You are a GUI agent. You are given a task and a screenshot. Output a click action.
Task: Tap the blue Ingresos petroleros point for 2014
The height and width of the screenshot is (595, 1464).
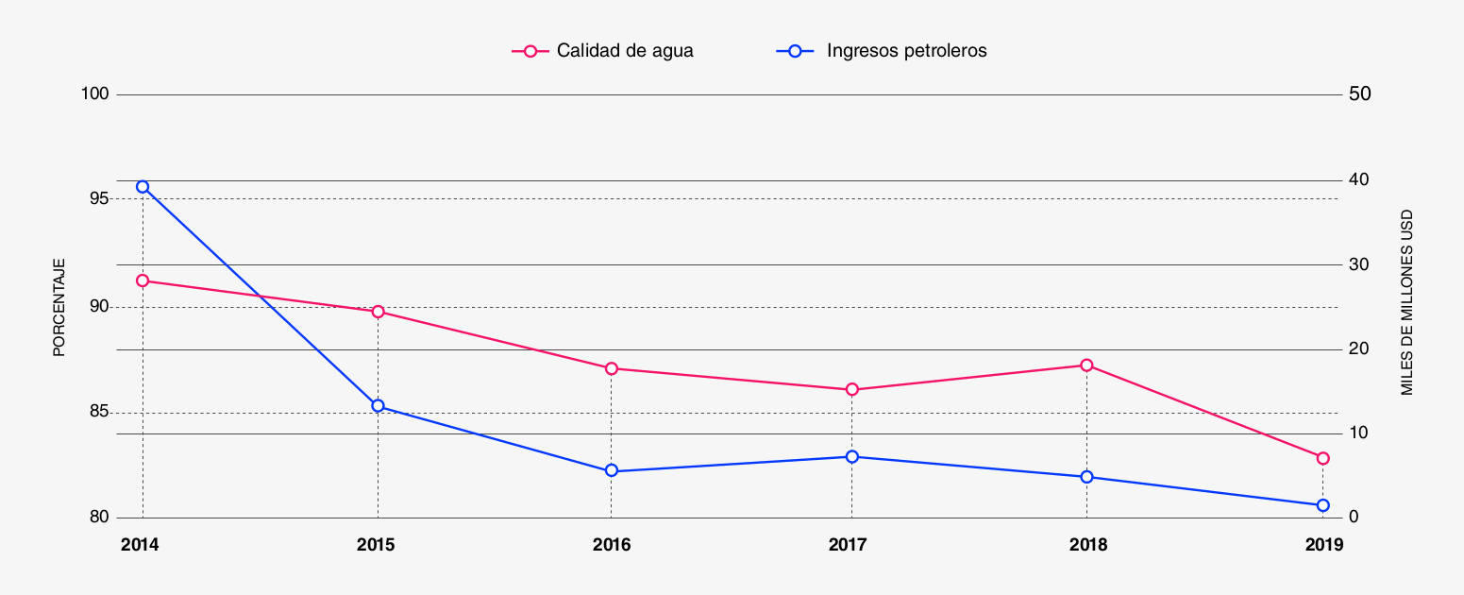[143, 187]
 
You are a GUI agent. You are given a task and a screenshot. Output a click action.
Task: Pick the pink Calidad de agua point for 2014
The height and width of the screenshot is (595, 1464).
[143, 280]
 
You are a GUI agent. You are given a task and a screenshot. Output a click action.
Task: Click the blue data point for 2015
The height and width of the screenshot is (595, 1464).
[378, 406]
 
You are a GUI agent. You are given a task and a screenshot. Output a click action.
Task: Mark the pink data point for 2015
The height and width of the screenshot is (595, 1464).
[378, 312]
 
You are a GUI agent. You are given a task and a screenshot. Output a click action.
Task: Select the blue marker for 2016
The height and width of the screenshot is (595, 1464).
[612, 470]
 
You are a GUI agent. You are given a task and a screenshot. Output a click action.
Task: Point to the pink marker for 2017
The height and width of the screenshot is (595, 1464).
[851, 389]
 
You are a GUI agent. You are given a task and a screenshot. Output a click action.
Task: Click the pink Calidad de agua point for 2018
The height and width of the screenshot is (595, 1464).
[1086, 365]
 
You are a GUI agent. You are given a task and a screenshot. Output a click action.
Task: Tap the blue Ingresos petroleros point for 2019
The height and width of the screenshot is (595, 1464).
[1322, 505]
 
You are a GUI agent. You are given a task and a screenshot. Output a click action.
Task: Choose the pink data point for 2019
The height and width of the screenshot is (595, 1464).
[1322, 458]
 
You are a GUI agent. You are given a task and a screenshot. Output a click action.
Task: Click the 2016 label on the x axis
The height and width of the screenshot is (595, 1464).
[612, 545]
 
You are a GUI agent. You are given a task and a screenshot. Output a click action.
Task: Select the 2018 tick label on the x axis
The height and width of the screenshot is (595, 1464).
[1088, 545]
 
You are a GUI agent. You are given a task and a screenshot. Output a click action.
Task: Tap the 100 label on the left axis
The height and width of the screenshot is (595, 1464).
[96, 94]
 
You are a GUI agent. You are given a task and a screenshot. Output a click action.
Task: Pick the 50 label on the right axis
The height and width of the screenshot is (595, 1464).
[1360, 94]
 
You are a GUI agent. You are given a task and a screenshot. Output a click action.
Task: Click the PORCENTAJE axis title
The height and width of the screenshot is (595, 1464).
[59, 307]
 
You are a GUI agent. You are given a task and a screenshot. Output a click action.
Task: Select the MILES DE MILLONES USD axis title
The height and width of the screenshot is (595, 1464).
[1406, 302]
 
